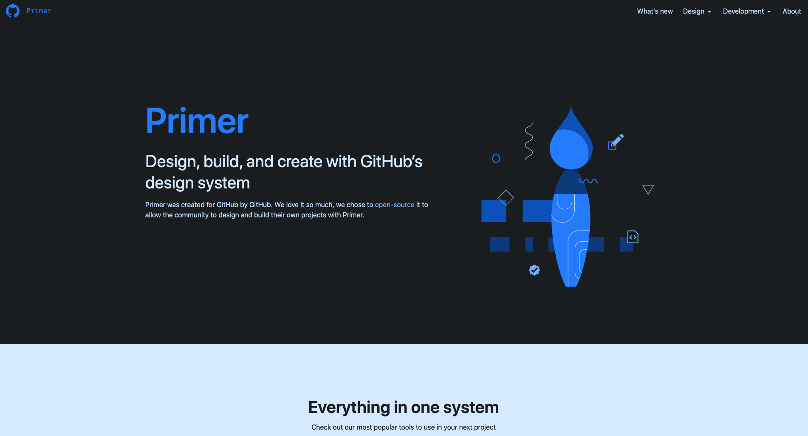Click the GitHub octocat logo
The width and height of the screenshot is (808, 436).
[x=13, y=11]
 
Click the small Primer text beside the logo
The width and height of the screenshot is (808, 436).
[x=39, y=11]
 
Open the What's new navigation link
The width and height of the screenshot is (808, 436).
[x=655, y=11]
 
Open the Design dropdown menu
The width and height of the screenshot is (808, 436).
[x=697, y=11]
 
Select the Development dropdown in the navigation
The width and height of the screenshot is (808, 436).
[x=746, y=11]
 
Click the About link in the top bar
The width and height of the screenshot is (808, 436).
[x=791, y=11]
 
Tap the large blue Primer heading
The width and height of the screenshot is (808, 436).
[x=197, y=121]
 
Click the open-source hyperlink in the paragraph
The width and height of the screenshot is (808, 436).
[x=394, y=205]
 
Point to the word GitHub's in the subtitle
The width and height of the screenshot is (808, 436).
[x=391, y=162]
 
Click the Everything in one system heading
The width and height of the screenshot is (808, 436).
[x=404, y=408]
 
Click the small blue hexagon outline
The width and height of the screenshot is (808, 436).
[x=496, y=159]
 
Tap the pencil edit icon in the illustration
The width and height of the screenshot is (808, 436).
[x=616, y=142]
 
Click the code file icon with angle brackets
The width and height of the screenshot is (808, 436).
[x=633, y=237]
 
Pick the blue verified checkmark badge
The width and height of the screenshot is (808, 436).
[x=534, y=270]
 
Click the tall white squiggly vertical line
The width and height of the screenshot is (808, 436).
[x=529, y=142]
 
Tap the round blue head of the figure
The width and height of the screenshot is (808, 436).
[x=569, y=149]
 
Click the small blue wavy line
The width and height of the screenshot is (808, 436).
[x=588, y=181]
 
